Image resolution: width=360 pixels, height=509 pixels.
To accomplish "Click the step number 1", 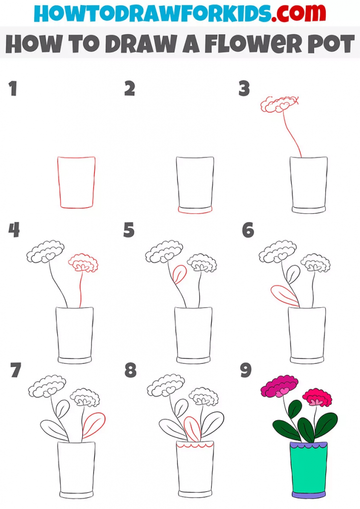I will point(13,89).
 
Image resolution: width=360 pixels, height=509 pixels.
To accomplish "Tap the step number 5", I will point(129,230).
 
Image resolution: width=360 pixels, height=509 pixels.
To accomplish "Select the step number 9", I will point(246,371).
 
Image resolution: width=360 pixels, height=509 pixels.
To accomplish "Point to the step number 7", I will point(15,371).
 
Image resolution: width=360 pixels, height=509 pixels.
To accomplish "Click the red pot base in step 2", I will point(195,210).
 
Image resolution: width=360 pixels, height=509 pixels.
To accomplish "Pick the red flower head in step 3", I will point(279,104).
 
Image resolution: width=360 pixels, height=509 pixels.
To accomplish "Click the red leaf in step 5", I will point(179,274).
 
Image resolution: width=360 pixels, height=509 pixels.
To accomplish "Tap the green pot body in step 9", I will point(308,470).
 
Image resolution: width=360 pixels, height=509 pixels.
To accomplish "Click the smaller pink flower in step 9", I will point(318,397).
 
